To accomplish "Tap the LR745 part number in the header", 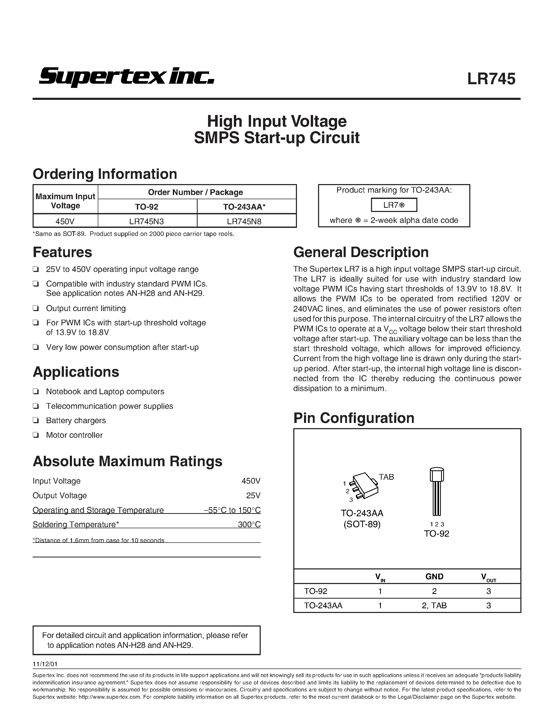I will pyautogui.click(x=491, y=79).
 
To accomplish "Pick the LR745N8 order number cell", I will pyautogui.click(x=244, y=222).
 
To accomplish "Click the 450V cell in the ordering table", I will pyautogui.click(x=65, y=222).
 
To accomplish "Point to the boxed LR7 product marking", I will pyautogui.click(x=394, y=205).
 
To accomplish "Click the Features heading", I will pyautogui.click(x=62, y=252).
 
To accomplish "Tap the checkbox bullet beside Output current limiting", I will pyautogui.click(x=36, y=309).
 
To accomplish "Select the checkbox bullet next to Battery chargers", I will pyautogui.click(x=36, y=421).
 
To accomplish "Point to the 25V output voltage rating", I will pyautogui.click(x=253, y=495).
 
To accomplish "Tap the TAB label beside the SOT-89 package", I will pyautogui.click(x=386, y=477).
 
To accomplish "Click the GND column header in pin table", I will pyautogui.click(x=434, y=576).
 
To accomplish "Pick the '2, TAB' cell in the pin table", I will pyautogui.click(x=434, y=605).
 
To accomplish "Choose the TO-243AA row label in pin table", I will pyautogui.click(x=323, y=605).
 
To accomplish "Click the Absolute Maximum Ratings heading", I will pyautogui.click(x=127, y=461).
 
